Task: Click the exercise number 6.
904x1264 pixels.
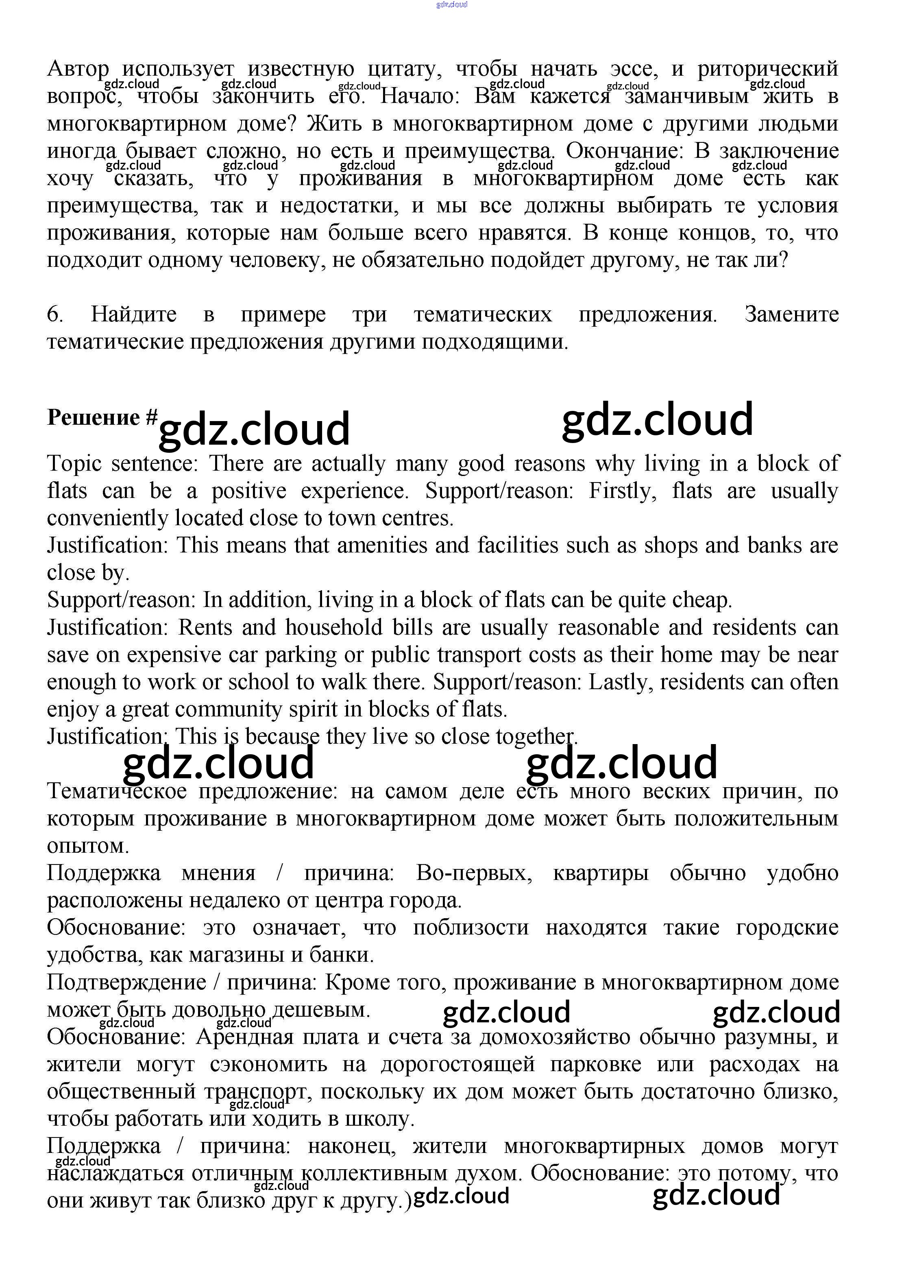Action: (x=54, y=314)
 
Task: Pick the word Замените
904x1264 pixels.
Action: (x=791, y=314)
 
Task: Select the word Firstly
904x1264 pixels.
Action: (x=623, y=491)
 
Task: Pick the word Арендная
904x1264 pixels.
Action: (x=244, y=1037)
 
